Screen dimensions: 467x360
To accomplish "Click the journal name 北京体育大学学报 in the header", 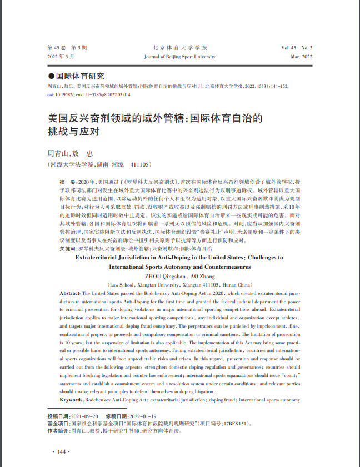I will tap(179, 48).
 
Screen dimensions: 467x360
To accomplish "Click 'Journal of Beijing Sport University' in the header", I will tap(179, 57).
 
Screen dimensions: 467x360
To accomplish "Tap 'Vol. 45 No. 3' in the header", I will tap(297, 48).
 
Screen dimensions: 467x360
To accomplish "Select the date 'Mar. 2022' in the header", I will tap(302, 57).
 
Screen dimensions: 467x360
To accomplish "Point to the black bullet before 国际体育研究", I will tap(52, 77).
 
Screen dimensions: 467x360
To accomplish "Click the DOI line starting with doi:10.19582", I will tap(89, 94).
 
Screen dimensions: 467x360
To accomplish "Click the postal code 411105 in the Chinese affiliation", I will tap(140, 165).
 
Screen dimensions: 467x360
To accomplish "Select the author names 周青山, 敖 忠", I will tap(69, 153).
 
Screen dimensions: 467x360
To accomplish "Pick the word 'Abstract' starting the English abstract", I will tap(69, 292).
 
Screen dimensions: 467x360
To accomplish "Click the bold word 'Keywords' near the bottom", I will tap(71, 399).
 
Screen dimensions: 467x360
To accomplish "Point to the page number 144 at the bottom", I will tap(61, 451).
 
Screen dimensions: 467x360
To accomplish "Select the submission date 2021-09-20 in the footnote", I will tap(86, 416).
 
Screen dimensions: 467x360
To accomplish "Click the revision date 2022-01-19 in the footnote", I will tap(143, 416).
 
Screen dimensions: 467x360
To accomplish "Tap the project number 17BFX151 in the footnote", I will tap(234, 423).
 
